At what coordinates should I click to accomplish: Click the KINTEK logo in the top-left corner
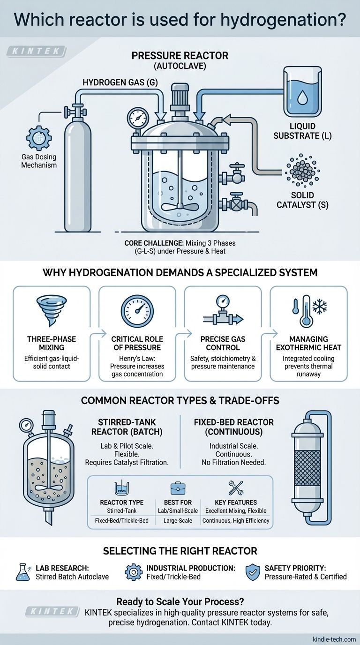pyautogui.click(x=36, y=51)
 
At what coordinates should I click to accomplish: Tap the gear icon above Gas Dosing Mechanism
pyautogui.click(x=39, y=138)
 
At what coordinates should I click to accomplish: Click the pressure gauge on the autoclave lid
pyautogui.click(x=137, y=118)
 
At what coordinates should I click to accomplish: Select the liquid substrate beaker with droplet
pyautogui.click(x=302, y=91)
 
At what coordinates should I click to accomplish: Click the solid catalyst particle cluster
pyautogui.click(x=302, y=172)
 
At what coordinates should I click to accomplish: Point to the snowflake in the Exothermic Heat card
pyautogui.click(x=320, y=307)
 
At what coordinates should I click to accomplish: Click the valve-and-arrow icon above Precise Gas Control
pyautogui.click(x=223, y=312)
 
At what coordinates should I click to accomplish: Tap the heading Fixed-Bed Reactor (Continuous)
pyautogui.click(x=233, y=427)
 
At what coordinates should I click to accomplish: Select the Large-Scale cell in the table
pyautogui.click(x=178, y=521)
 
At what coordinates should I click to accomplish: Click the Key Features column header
pyautogui.click(x=236, y=502)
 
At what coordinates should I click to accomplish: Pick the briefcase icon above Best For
pyautogui.click(x=178, y=488)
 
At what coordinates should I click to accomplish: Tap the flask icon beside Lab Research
pyautogui.click(x=23, y=572)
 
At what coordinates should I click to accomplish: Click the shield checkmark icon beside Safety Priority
pyautogui.click(x=253, y=572)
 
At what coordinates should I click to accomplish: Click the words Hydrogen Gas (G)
pyautogui.click(x=120, y=82)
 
